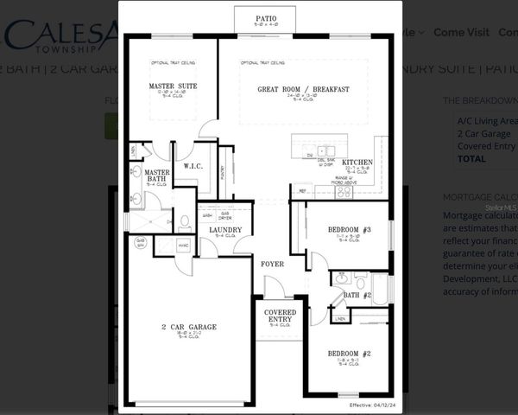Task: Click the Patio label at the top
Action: [265, 17]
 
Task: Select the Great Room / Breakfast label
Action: [303, 89]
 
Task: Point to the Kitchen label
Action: [357, 163]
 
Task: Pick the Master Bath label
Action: [157, 176]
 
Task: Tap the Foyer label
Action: [272, 263]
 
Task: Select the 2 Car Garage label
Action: [188, 327]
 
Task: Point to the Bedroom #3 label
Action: [350, 229]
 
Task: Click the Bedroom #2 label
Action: [349, 354]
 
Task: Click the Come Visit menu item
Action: [461, 32]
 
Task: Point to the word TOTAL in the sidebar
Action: [471, 158]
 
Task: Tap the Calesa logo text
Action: [60, 35]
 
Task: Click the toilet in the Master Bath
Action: [184, 221]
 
